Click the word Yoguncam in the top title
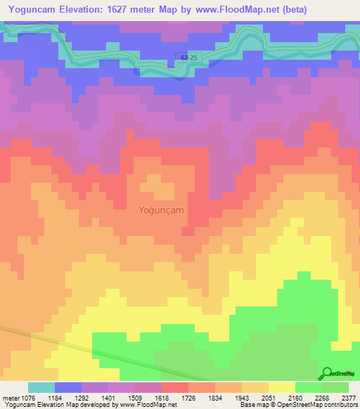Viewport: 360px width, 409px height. [x=32, y=9]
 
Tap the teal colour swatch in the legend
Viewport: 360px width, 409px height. [x=41, y=387]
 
